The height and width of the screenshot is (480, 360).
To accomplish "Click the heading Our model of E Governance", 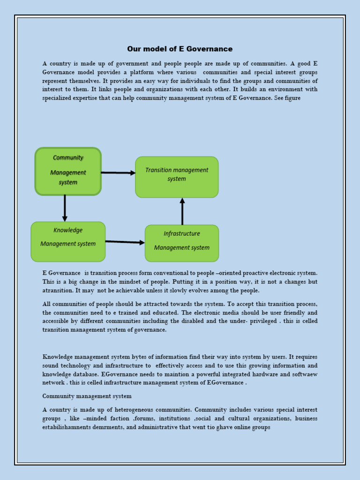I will [180, 49].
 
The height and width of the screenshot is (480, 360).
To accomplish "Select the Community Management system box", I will [68, 171].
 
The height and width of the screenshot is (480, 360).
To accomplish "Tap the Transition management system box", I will [177, 177].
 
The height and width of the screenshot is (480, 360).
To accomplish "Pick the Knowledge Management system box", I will [68, 241].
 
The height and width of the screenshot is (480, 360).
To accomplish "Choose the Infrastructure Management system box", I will [182, 243].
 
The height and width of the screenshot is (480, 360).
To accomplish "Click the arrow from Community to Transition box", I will [118, 172].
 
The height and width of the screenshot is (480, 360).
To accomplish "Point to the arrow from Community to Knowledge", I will [65, 208].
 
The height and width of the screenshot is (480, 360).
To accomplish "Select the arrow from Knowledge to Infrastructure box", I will [125, 242].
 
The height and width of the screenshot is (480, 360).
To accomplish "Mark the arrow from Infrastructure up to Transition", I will [182, 211].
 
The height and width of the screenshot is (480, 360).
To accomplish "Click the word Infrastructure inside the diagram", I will [182, 233].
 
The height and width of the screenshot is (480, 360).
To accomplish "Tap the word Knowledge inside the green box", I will [68, 230].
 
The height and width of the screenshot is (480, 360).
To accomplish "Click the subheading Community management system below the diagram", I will [87, 396].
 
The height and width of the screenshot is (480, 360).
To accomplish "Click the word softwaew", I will [305, 374].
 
